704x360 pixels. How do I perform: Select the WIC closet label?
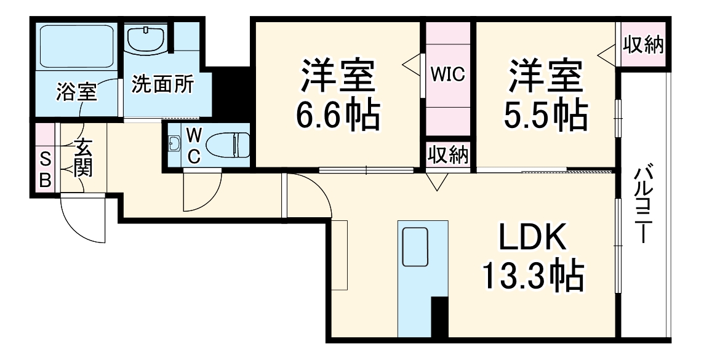click(447, 74)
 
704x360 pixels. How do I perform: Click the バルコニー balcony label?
click(643, 203)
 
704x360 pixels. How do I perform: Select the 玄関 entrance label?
click(83, 158)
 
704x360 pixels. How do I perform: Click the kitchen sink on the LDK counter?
click(415, 246)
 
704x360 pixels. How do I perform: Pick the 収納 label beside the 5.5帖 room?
click(643, 45)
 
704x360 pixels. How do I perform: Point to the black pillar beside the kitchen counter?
click(439, 316)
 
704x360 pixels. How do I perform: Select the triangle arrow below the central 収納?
click(438, 181)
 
